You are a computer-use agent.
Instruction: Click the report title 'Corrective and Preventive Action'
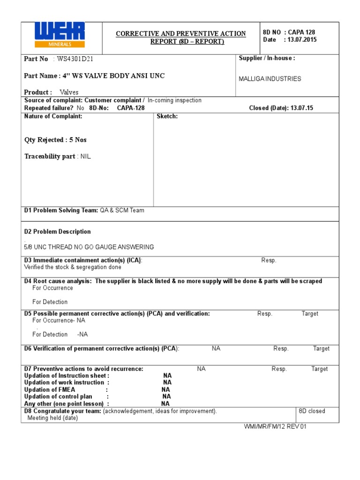click(181, 34)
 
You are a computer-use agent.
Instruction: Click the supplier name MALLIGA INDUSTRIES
click(270, 79)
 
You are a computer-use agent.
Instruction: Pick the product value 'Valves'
click(69, 92)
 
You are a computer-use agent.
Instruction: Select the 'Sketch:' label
click(167, 116)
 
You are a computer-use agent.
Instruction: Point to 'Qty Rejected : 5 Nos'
click(55, 140)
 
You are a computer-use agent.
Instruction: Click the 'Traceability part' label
click(50, 157)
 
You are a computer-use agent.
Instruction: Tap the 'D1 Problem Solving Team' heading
click(61, 210)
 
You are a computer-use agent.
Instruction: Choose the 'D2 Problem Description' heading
click(57, 232)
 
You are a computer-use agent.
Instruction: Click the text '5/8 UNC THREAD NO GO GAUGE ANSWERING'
click(89, 247)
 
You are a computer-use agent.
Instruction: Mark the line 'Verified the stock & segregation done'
click(72, 267)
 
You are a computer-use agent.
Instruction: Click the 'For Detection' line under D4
click(50, 302)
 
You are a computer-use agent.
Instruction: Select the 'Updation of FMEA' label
click(49, 390)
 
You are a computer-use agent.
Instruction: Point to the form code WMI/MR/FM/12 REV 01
click(275, 427)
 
